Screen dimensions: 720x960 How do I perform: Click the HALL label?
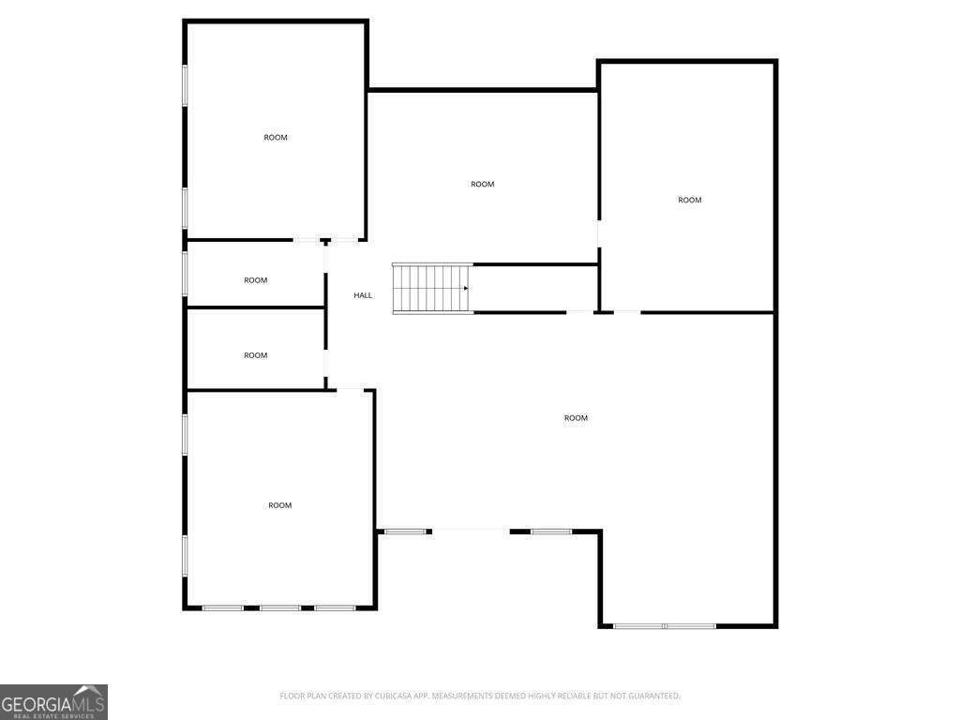pyautogui.click(x=363, y=295)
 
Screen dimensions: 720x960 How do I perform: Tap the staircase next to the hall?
pyautogui.click(x=430, y=289)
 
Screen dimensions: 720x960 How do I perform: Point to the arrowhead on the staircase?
pyautogui.click(x=466, y=289)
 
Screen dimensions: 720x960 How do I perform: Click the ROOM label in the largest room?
pyautogui.click(x=576, y=418)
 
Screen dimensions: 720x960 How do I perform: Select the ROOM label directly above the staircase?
pyautogui.click(x=482, y=185)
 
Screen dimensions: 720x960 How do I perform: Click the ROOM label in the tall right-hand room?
pyautogui.click(x=689, y=200)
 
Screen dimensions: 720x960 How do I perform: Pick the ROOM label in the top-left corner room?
pyautogui.click(x=276, y=138)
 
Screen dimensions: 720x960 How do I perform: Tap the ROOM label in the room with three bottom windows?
pyautogui.click(x=280, y=505)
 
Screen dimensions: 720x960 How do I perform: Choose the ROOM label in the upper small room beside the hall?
pyautogui.click(x=256, y=280)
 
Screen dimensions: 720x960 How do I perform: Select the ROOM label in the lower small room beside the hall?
pyautogui.click(x=256, y=355)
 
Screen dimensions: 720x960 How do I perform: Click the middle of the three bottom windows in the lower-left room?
pyautogui.click(x=280, y=607)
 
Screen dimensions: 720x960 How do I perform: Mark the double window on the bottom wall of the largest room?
pyautogui.click(x=665, y=625)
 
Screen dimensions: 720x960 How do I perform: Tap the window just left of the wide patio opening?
pyautogui.click(x=404, y=532)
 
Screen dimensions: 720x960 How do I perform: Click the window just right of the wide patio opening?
pyautogui.click(x=551, y=532)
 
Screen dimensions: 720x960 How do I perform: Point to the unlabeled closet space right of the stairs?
pyautogui.click(x=534, y=289)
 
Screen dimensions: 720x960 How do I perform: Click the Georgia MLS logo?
pyautogui.click(x=53, y=702)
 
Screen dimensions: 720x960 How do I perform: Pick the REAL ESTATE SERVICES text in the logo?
pyautogui.click(x=49, y=715)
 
